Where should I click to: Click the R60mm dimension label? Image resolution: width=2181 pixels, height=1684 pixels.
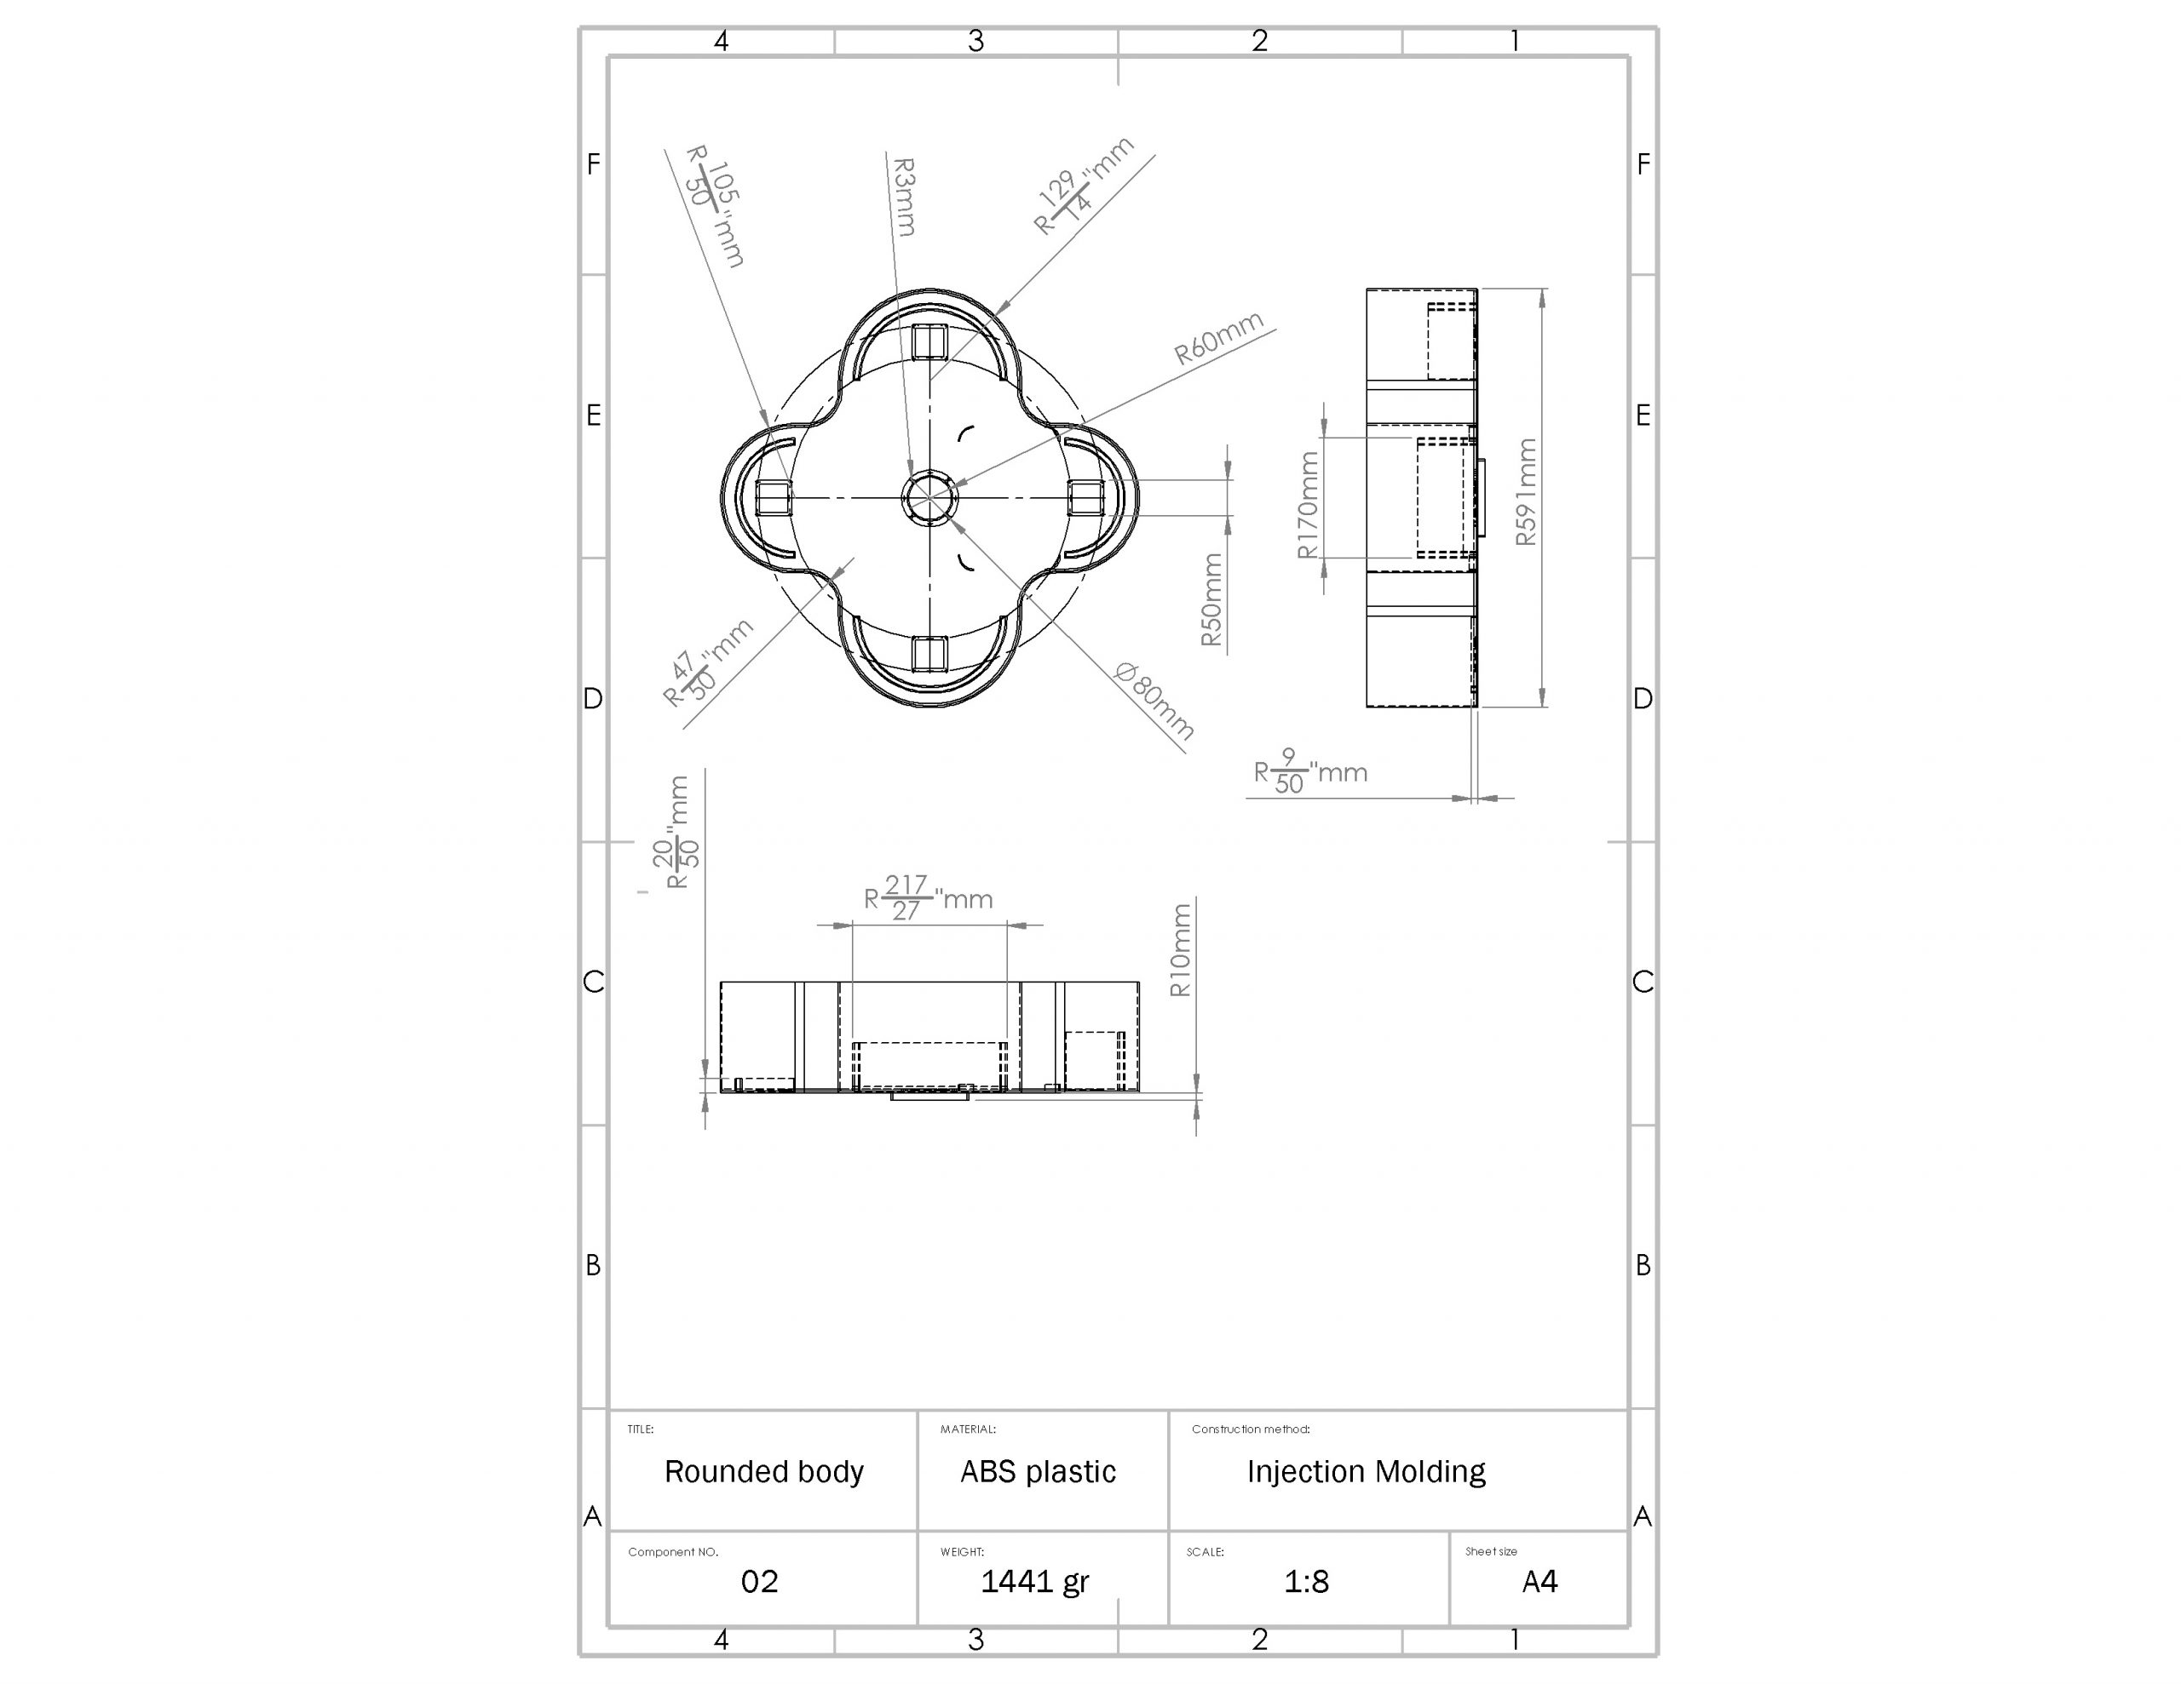tap(1218, 337)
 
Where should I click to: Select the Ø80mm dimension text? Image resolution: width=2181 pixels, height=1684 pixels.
tap(1154, 700)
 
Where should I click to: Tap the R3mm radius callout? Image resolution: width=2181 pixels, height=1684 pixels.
tap(904, 197)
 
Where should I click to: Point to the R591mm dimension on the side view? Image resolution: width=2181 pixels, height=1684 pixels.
tap(1526, 492)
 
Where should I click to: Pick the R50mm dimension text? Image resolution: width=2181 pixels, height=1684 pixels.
tap(1211, 600)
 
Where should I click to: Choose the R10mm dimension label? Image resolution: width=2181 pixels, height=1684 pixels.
tap(1180, 950)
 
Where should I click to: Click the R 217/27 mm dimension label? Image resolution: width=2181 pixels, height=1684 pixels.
tap(929, 897)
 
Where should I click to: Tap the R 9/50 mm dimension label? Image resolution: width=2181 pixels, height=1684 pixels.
tap(1310, 771)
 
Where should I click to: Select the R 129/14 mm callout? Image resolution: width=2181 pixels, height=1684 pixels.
tap(1084, 186)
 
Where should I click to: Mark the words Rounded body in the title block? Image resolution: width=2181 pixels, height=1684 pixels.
tap(764, 1471)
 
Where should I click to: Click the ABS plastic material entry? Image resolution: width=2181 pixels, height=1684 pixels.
tap(1038, 1471)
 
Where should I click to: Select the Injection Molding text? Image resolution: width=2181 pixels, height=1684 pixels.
tap(1367, 1471)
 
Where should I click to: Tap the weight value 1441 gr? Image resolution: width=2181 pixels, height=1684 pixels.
tap(1034, 1581)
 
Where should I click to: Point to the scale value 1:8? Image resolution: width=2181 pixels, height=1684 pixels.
tap(1306, 1581)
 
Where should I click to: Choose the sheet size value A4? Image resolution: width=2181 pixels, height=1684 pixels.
tap(1539, 1581)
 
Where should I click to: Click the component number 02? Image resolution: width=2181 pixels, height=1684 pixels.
tap(759, 1581)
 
